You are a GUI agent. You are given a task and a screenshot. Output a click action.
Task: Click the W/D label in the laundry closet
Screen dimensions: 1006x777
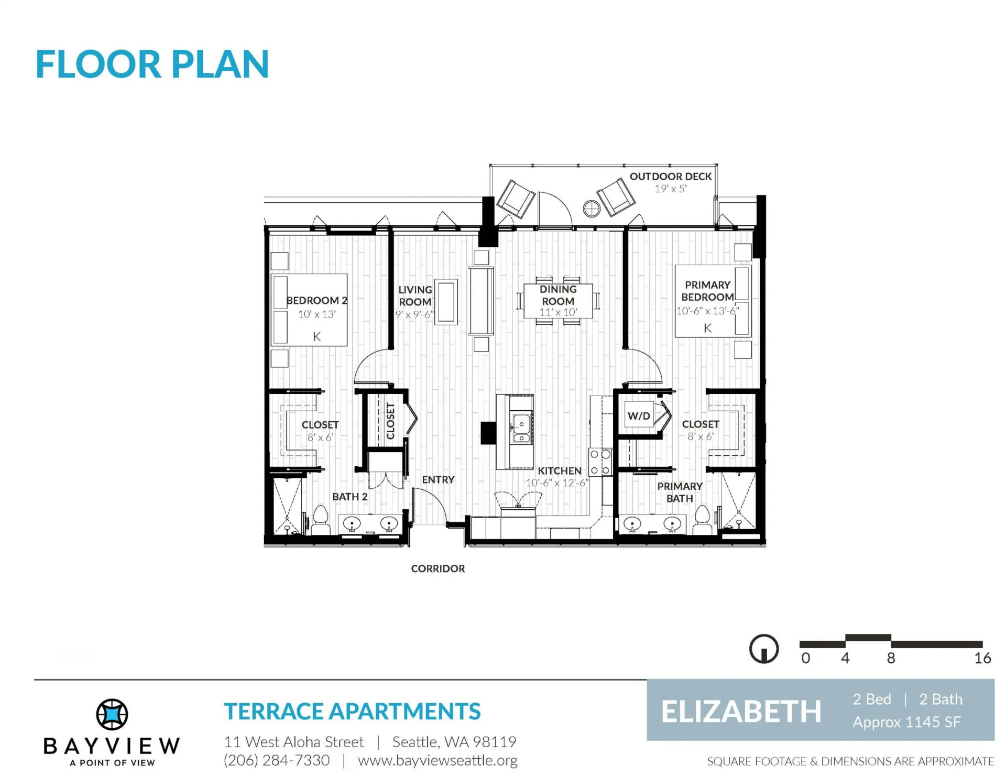coord(639,416)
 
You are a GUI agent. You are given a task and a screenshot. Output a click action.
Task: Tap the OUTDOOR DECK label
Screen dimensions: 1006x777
coord(671,177)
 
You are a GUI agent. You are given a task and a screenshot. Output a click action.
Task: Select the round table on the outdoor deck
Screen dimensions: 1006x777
coord(592,209)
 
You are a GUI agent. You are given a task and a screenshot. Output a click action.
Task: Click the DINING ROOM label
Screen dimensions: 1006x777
coord(558,295)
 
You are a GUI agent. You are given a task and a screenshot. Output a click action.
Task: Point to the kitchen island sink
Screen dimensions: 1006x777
coord(521,429)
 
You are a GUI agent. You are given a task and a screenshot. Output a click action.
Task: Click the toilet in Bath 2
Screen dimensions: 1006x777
coord(320,520)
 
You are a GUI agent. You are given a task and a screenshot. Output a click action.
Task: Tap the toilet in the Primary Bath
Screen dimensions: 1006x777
coord(702,520)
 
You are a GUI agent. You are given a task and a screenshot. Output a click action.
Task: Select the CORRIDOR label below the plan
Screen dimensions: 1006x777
coord(438,568)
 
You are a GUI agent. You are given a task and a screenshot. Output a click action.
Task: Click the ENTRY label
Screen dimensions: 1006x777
coord(438,479)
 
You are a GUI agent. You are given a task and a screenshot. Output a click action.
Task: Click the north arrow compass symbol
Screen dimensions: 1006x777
coord(764,649)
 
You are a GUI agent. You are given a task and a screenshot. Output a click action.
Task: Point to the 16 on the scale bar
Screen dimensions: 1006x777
coord(982,658)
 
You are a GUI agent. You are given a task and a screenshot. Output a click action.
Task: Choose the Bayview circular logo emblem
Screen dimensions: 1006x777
coord(112,714)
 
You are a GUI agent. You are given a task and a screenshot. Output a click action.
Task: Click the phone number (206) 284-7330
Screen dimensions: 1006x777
coord(277,760)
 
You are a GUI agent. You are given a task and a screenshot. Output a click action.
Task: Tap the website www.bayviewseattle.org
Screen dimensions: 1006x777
coord(438,760)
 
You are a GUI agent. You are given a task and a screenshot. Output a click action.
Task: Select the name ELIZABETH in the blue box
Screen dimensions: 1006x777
coord(741,712)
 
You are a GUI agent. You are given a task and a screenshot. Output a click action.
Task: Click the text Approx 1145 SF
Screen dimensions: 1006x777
coord(906,723)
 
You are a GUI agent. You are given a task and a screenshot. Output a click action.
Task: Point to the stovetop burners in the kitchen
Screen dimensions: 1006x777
coord(600,463)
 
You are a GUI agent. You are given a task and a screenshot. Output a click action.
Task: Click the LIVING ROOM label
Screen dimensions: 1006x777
coord(415,296)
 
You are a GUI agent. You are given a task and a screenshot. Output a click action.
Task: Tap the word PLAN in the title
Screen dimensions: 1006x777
coord(220,64)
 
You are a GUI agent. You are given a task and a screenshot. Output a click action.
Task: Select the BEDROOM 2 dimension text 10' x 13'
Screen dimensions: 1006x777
coord(317,314)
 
